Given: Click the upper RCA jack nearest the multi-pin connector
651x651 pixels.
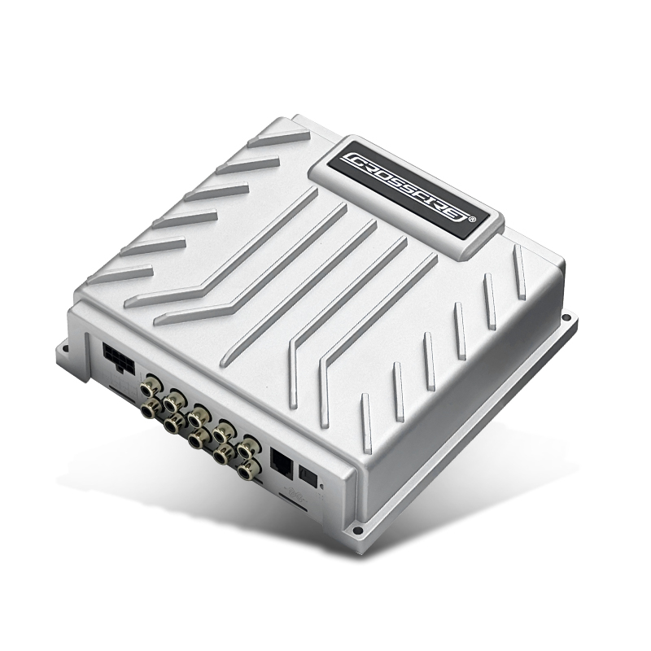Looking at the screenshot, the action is (150, 386).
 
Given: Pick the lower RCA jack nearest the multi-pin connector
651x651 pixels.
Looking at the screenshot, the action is (151, 409).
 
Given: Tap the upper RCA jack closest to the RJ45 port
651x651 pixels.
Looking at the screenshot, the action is (249, 447).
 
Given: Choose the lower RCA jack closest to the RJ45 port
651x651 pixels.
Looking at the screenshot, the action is (249, 470).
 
